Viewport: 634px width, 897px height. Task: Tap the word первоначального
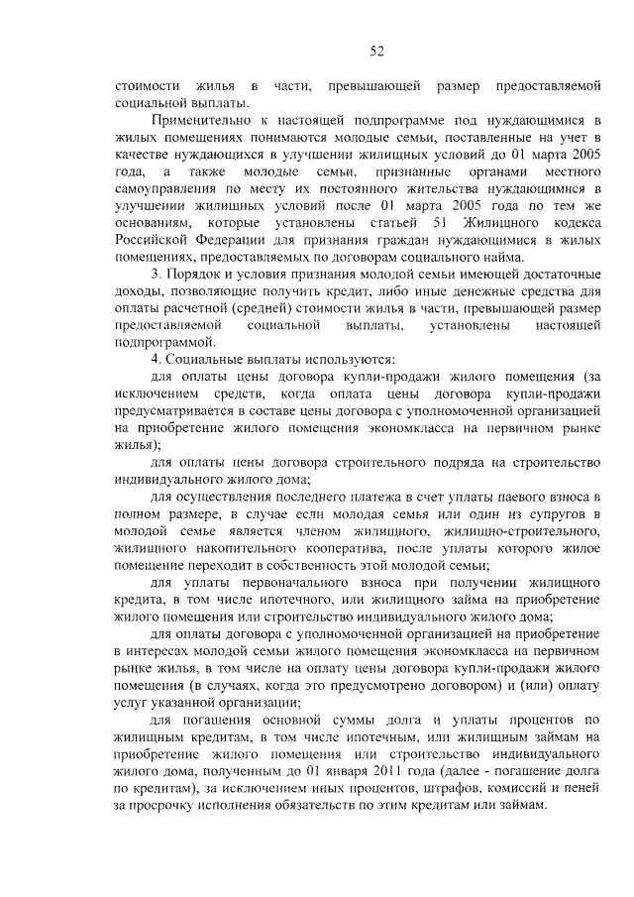[258, 580]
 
